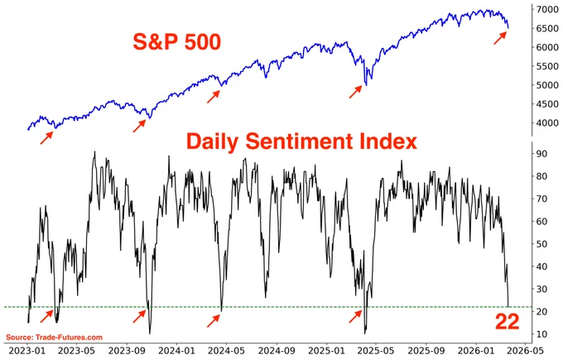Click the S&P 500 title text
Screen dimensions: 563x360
[x=176, y=42]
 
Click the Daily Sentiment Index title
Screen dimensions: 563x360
[x=301, y=141]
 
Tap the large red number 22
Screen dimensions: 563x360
[x=507, y=322]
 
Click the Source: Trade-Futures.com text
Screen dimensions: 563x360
[x=54, y=338]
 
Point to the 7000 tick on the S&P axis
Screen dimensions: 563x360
[x=547, y=9]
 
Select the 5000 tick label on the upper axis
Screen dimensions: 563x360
[x=547, y=85]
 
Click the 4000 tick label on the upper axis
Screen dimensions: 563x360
[x=547, y=122]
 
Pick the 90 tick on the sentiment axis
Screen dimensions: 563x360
[x=542, y=154]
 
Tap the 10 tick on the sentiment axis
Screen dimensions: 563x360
[x=542, y=334]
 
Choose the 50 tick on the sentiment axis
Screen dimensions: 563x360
[x=542, y=243]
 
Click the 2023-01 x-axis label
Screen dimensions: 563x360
[x=28, y=350]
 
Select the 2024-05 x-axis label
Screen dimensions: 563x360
[x=227, y=350]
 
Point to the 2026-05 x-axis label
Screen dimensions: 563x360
[x=525, y=350]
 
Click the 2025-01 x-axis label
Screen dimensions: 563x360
[x=326, y=350]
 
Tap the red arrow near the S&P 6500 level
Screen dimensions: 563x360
[x=500, y=38]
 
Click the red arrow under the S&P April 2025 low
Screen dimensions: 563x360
[x=355, y=92]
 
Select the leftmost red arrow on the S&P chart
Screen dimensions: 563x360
[x=46, y=138]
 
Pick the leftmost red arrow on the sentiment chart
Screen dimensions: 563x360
[x=46, y=316]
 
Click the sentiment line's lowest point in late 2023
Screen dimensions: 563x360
[x=150, y=334]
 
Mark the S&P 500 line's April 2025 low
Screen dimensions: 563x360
[x=366, y=85]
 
